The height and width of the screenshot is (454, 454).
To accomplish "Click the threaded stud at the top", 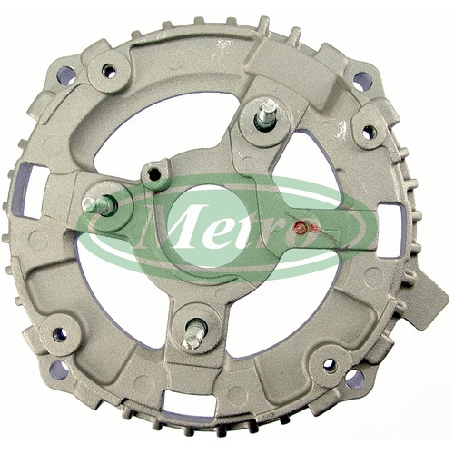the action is (x=266, y=114).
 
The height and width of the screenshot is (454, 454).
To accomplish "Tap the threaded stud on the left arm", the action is (x=98, y=204).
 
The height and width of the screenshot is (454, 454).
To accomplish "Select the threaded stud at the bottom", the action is (x=193, y=334).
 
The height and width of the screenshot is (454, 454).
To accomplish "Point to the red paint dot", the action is (x=301, y=226).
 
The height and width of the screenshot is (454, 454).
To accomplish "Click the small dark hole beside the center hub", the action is (x=154, y=173).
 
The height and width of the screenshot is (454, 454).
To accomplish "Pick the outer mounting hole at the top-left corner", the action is (x=66, y=75).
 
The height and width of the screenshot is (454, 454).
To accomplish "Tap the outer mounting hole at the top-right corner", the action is (x=362, y=81).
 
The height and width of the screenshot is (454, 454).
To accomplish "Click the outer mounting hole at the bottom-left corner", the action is (x=59, y=370).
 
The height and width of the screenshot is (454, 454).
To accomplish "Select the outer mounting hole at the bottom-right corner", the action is (x=355, y=379).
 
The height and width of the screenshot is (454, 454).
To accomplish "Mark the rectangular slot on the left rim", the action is (x=28, y=190).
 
